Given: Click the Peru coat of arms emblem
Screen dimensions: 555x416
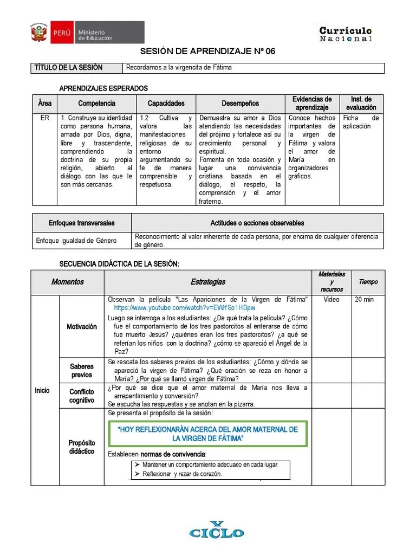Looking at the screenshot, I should click(x=38, y=32).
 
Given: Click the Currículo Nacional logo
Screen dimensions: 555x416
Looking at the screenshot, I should click(x=346, y=34).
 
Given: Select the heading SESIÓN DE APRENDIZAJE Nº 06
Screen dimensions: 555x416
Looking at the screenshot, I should click(x=208, y=51).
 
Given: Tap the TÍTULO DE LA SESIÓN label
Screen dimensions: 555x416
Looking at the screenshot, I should click(x=68, y=68).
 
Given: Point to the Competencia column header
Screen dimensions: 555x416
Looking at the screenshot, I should click(x=96, y=103).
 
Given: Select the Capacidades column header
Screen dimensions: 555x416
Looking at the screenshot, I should click(x=166, y=103).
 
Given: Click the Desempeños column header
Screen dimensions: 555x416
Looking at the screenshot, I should click(x=240, y=103).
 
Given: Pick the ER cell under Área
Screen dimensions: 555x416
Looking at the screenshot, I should click(x=44, y=118).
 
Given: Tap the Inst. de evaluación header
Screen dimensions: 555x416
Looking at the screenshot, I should click(x=361, y=103).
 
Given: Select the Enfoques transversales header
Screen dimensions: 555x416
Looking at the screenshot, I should click(x=82, y=223).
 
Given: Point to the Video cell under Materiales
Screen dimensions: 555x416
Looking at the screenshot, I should click(x=331, y=299).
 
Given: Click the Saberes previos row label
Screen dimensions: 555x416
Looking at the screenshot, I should click(x=81, y=371).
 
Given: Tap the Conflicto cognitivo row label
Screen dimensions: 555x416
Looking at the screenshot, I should click(x=81, y=396).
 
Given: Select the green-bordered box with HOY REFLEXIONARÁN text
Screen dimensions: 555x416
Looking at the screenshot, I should click(x=208, y=433).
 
